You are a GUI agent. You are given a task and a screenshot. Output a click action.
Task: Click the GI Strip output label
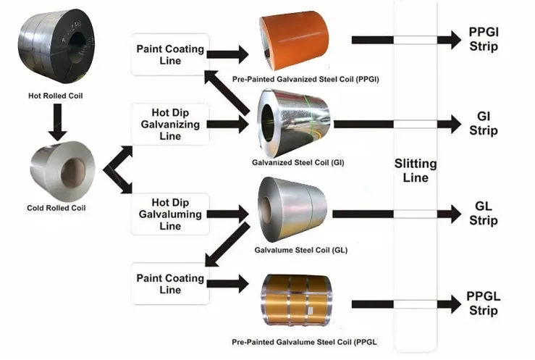[x=483, y=125]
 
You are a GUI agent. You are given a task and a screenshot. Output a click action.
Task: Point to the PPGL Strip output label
[x=483, y=304]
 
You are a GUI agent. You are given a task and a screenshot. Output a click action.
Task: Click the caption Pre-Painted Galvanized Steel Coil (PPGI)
[x=306, y=78]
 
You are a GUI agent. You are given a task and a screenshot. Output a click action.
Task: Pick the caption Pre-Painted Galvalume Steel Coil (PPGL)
[x=305, y=340]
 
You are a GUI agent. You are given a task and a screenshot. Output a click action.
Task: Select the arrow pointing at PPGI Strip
[x=405, y=41]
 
